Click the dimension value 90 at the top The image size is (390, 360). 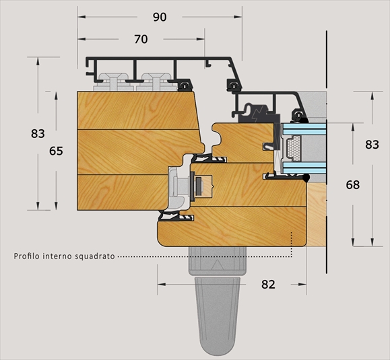[x=160, y=17]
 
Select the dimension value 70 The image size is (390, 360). [x=141, y=39]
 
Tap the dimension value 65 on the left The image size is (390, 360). [x=56, y=151]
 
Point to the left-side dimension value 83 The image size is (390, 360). [x=38, y=134]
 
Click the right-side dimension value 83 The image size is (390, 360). [x=372, y=145]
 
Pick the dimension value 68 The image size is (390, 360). [x=353, y=185]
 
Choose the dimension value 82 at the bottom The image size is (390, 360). [x=268, y=285]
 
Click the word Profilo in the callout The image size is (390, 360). [x=27, y=256]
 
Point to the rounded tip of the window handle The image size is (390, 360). [x=218, y=351]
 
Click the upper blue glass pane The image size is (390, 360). [x=304, y=129]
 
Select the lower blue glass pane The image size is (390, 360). [x=304, y=168]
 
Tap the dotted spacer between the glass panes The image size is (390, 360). [x=293, y=148]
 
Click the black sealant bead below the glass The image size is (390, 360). [x=306, y=178]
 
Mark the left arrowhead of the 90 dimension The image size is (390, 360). [x=82, y=17]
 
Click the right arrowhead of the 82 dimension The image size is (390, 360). [x=302, y=284]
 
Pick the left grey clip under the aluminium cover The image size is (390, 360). [x=113, y=82]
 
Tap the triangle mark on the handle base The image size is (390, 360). [x=217, y=265]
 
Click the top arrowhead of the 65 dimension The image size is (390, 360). [x=56, y=96]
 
